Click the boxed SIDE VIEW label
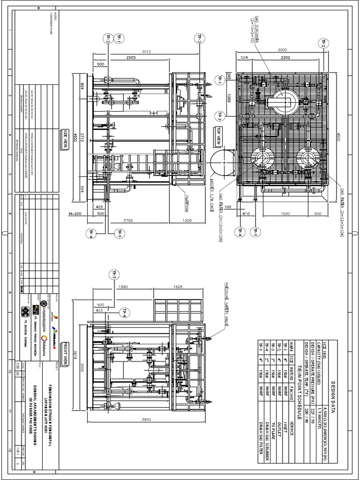click(x=66, y=140)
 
